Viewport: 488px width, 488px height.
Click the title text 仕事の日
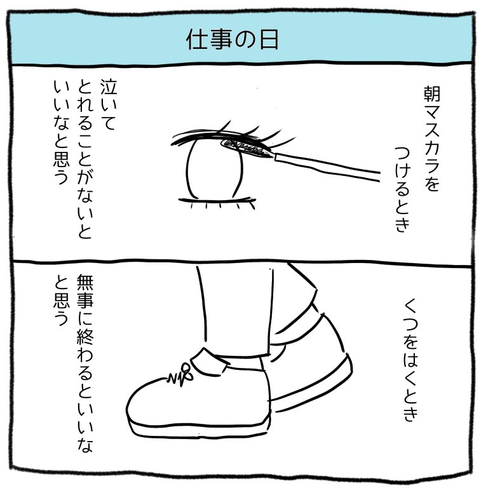(x=233, y=39)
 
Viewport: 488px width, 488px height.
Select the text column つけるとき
(x=403, y=187)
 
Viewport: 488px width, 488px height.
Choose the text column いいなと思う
(x=60, y=130)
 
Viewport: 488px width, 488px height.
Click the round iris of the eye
(x=215, y=170)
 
